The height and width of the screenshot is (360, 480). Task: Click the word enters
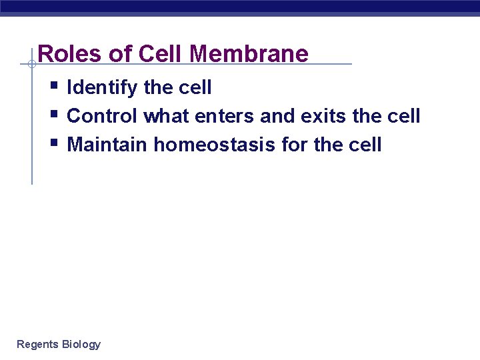tap(224, 116)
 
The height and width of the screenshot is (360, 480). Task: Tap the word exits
tap(325, 116)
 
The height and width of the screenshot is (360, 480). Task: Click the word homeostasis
tap(215, 144)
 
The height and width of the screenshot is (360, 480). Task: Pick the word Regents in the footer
tap(37, 345)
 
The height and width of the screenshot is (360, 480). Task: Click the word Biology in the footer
tap(81, 345)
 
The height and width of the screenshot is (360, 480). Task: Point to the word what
tap(167, 116)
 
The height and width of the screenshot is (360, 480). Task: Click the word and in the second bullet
tap(277, 116)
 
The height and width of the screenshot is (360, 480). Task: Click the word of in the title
tap(119, 53)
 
